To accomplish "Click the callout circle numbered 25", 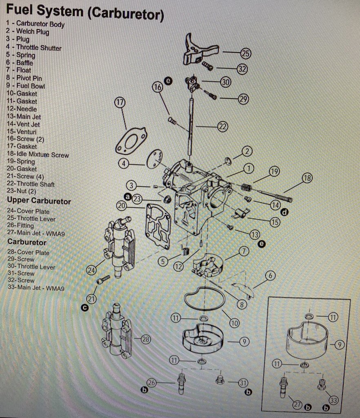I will [x=245, y=53].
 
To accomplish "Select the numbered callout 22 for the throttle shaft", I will [x=222, y=127].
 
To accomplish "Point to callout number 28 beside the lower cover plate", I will [x=146, y=339].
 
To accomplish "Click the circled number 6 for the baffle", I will [x=270, y=276].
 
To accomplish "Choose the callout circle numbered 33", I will [x=334, y=400].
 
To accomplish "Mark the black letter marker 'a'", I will [x=127, y=197].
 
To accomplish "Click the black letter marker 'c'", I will [x=84, y=308].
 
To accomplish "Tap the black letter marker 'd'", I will [x=284, y=212].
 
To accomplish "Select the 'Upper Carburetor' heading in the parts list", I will [x=39, y=201].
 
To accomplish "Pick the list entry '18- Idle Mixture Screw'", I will [x=37, y=155].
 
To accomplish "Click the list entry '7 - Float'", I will [x=18, y=70].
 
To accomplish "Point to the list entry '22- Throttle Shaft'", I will [x=30, y=184].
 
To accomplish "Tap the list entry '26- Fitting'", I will [x=20, y=225].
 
